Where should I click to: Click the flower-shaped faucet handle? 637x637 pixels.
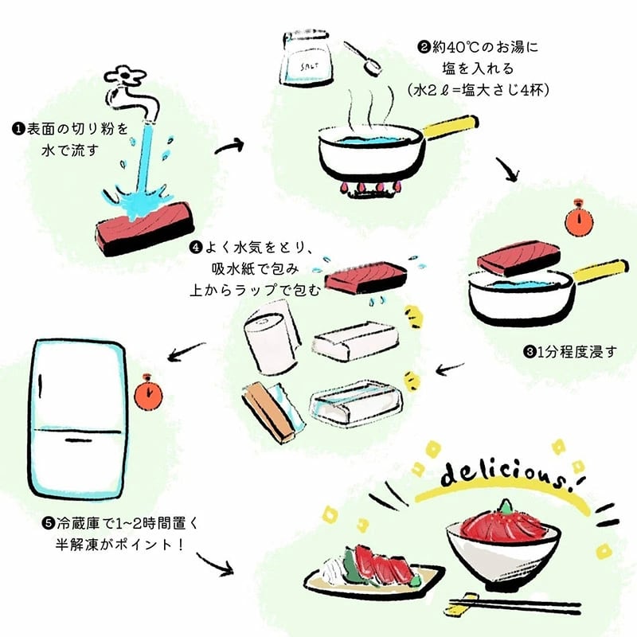tap(125, 76)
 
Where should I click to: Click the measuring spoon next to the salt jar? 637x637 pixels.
tap(365, 59)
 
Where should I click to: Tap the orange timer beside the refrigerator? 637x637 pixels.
tap(148, 393)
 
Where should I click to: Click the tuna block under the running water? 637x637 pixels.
tap(144, 229)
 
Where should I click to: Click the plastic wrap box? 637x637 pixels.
tap(273, 412)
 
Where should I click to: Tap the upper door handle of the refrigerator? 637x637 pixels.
tap(41, 386)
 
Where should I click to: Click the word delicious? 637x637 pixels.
tap(508, 476)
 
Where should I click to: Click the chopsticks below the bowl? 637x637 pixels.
tap(513, 604)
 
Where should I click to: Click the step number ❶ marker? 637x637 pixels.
tap(18, 130)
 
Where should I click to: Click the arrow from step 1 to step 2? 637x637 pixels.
tap(229, 147)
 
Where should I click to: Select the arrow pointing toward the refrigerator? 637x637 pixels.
tap(186, 352)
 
